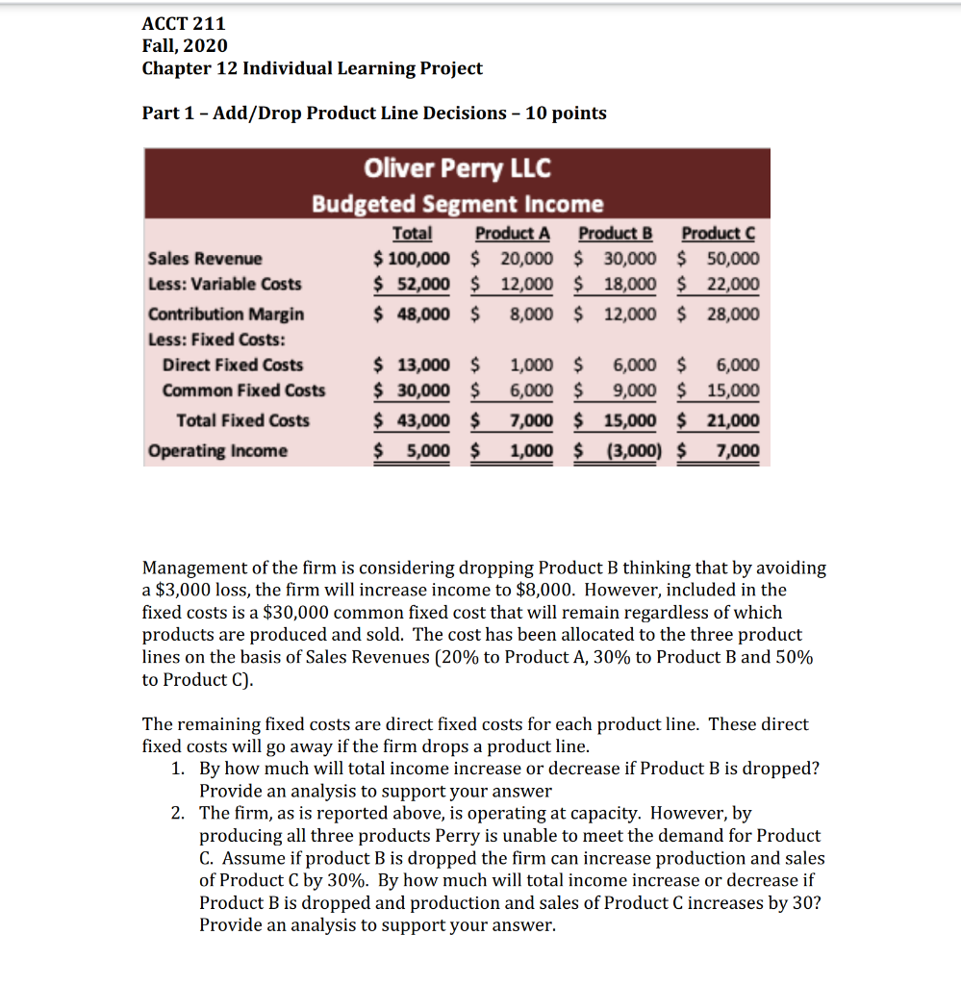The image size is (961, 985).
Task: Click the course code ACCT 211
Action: click(x=184, y=23)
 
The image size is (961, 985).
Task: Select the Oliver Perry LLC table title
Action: click(x=457, y=169)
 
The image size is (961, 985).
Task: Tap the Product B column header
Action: click(x=616, y=234)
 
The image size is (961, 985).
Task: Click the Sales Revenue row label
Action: click(x=204, y=259)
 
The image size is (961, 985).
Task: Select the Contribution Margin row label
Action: click(x=225, y=315)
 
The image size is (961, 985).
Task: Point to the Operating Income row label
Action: click(x=216, y=451)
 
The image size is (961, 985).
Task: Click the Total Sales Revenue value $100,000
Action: click(x=412, y=259)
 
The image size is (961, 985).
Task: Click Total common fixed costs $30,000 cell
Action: click(x=412, y=390)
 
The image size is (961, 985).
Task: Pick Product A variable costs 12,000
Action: click(x=526, y=284)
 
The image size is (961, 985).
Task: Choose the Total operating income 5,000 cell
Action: click(x=422, y=451)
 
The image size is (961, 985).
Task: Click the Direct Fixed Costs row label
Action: click(x=232, y=365)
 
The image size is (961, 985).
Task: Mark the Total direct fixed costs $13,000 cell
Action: click(x=412, y=365)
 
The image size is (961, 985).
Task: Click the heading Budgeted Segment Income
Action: click(x=457, y=204)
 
